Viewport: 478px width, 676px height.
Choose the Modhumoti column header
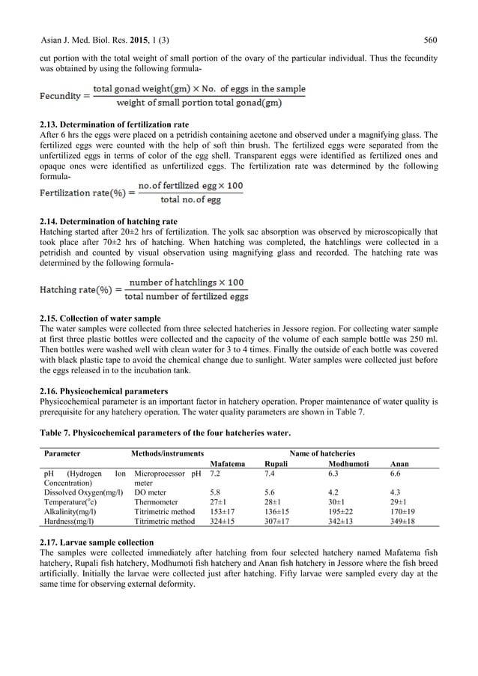(342, 464)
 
